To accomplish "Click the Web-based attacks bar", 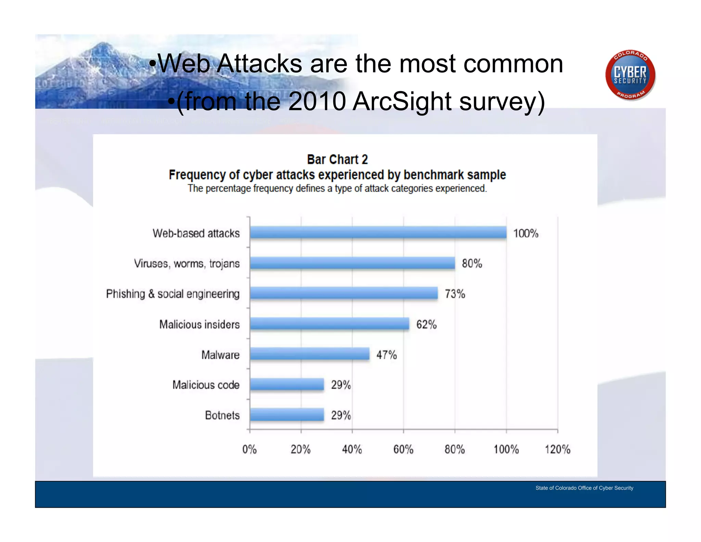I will [x=378, y=232].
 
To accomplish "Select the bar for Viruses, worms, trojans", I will [x=352, y=263].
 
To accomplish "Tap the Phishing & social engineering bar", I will [x=344, y=293].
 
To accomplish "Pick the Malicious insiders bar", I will [x=329, y=323].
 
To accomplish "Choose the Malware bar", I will [x=310, y=354].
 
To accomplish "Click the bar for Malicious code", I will [x=287, y=384].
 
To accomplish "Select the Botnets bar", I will [x=287, y=415].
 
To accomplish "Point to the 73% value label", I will [x=455, y=294].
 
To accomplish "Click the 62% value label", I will [x=426, y=324].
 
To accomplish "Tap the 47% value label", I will [x=387, y=355].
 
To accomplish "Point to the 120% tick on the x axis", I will [x=558, y=449].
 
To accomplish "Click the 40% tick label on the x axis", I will [x=352, y=449].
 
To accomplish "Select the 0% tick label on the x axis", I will [x=250, y=449].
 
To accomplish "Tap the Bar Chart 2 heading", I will [x=337, y=160].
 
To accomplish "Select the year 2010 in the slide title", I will [x=317, y=101].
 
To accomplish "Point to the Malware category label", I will [x=220, y=355].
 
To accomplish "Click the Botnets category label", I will [x=222, y=415].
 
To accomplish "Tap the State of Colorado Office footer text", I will [x=584, y=488].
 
